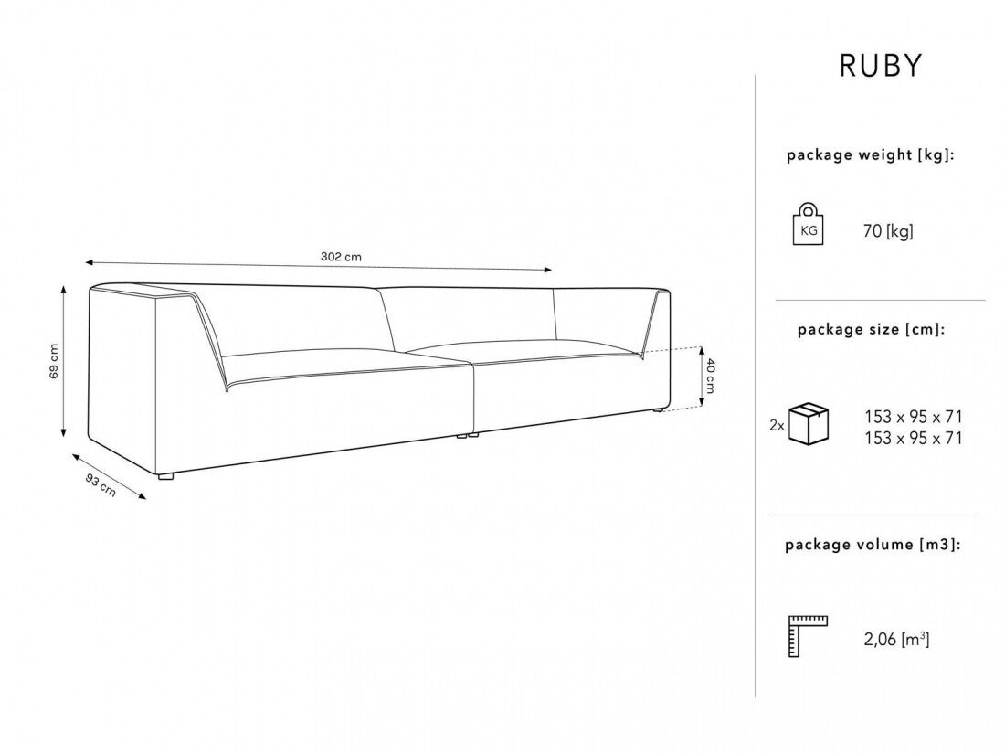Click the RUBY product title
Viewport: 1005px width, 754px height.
coord(881,66)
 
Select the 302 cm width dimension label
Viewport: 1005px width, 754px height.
coord(341,257)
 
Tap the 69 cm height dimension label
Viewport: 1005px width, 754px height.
coord(54,361)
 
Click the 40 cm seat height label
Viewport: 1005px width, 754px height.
coord(710,375)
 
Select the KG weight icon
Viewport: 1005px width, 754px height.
coord(809,225)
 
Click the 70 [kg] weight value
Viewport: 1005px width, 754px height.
coord(887,232)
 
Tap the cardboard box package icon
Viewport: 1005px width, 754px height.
coord(809,423)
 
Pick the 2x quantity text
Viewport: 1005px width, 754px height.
coord(777,426)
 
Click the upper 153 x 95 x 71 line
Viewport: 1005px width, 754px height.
coord(913,417)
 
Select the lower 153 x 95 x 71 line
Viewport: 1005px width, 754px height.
coord(913,439)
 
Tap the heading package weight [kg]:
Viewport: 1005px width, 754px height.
coord(870,155)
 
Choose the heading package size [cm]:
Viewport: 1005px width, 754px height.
coord(871,330)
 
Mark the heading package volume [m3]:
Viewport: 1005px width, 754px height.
coord(872,545)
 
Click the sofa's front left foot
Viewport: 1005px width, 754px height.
coord(164,476)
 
